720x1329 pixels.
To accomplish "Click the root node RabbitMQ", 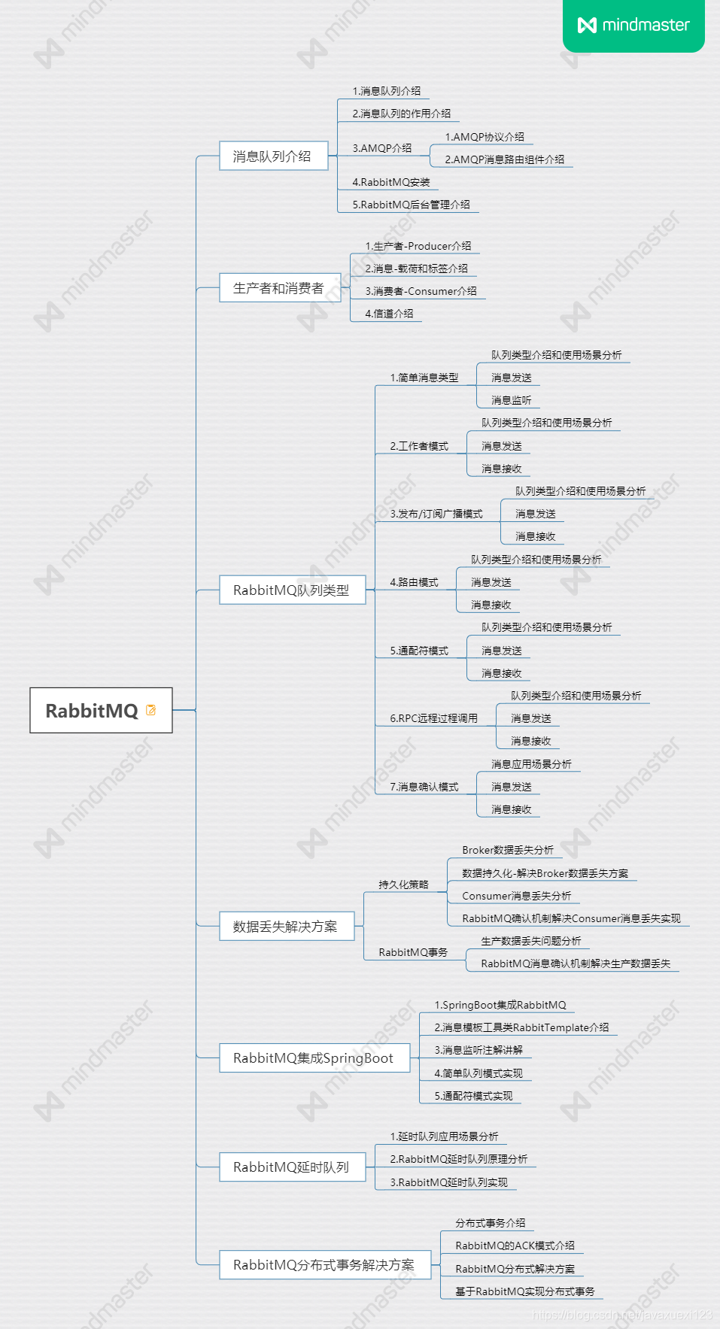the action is pos(92,710).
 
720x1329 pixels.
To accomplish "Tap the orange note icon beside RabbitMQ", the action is pos(151,710).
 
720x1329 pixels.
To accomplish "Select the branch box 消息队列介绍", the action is pos(272,156).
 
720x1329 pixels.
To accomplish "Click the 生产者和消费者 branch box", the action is pos(279,287).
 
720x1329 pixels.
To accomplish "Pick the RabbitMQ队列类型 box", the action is pos(292,590).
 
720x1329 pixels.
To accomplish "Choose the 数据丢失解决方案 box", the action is pos(286,926).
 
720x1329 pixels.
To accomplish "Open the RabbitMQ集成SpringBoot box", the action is pos(314,1057).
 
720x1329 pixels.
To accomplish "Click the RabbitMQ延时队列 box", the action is pos(292,1167).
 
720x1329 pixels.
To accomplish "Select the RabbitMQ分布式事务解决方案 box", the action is pos(324,1264).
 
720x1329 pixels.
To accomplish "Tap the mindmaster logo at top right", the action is pos(633,25).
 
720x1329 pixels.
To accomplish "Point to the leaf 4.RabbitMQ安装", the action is pos(391,182).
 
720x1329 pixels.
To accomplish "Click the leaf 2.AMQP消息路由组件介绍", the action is pos(504,159).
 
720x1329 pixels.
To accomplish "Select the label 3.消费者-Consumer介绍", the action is pos(421,291).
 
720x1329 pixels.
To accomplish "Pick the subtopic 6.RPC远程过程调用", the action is pos(433,718).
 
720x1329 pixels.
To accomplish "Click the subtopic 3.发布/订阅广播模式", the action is pos(436,514).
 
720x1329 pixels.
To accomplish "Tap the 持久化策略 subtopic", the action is pos(403,884).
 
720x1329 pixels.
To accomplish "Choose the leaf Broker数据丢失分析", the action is pos(508,850).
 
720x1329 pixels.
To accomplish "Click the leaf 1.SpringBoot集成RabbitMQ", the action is pos(500,1005).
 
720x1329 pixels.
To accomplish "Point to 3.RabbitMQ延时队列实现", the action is pos(448,1182).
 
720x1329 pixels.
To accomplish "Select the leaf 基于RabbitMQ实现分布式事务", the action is pos(524,1291).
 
